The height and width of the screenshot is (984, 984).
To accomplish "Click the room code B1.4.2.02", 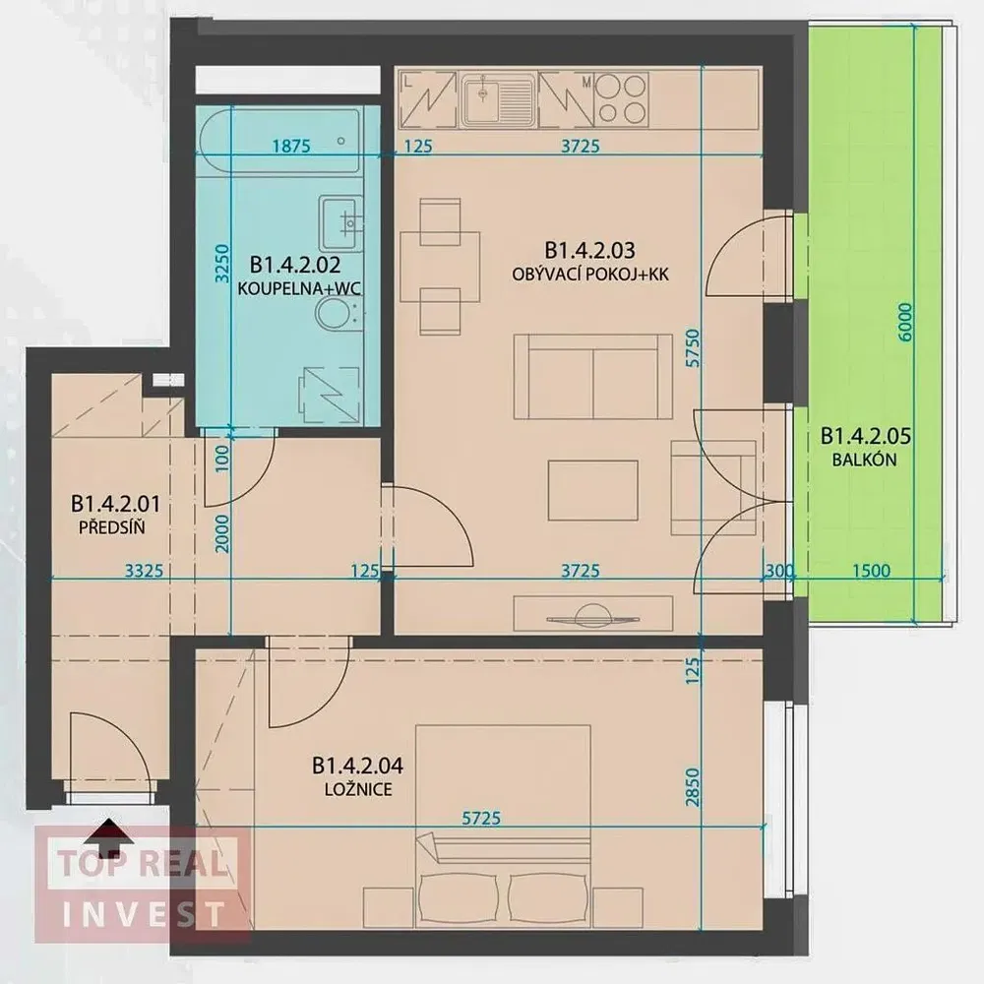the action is tap(295, 264).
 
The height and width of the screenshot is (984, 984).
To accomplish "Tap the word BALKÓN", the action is tap(864, 460).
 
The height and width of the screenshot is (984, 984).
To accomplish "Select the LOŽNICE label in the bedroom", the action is tap(358, 789).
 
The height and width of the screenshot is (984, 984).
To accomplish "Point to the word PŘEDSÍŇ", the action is tap(112, 527).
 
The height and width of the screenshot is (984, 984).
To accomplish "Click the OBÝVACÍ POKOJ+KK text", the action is tap(589, 275).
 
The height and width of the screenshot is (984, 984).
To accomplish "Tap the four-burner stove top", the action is tap(621, 98).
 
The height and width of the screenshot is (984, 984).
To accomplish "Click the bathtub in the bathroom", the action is tap(279, 141).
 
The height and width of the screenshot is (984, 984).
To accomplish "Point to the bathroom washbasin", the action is tap(341, 223).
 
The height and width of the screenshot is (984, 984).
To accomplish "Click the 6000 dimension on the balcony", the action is tap(904, 323).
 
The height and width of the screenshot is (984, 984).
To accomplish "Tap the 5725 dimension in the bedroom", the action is tap(481, 818).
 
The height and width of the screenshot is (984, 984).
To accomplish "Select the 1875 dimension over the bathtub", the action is tap(291, 147).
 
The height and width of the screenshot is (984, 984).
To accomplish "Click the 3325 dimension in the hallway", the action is tap(144, 571).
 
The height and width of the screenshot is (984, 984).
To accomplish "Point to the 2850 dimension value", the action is tap(692, 787).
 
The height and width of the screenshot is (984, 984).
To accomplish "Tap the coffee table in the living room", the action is tap(592, 491).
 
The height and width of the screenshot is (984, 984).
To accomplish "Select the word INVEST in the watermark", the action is tap(144, 914).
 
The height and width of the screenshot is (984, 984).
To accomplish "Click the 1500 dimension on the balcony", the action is tap(871, 571).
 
